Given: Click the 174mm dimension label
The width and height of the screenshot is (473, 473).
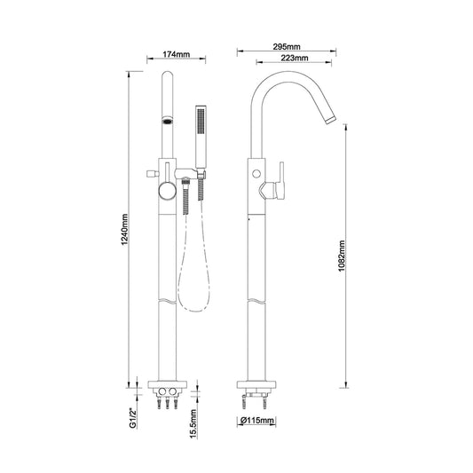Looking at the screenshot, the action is [177, 54].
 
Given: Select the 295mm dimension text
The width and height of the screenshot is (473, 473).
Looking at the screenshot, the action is [287, 47].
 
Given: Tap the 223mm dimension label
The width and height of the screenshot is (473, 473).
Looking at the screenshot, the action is [295, 58].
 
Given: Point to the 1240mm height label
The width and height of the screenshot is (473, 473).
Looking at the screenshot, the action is [125, 230].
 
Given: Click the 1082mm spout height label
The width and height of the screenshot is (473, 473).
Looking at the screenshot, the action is [341, 256].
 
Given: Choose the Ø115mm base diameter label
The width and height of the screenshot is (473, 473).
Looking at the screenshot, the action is [257, 421].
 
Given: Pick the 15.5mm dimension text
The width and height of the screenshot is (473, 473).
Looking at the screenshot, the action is [193, 423].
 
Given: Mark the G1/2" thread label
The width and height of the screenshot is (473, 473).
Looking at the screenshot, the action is [133, 418].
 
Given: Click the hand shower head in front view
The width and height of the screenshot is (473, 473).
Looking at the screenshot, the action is [201, 137].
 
